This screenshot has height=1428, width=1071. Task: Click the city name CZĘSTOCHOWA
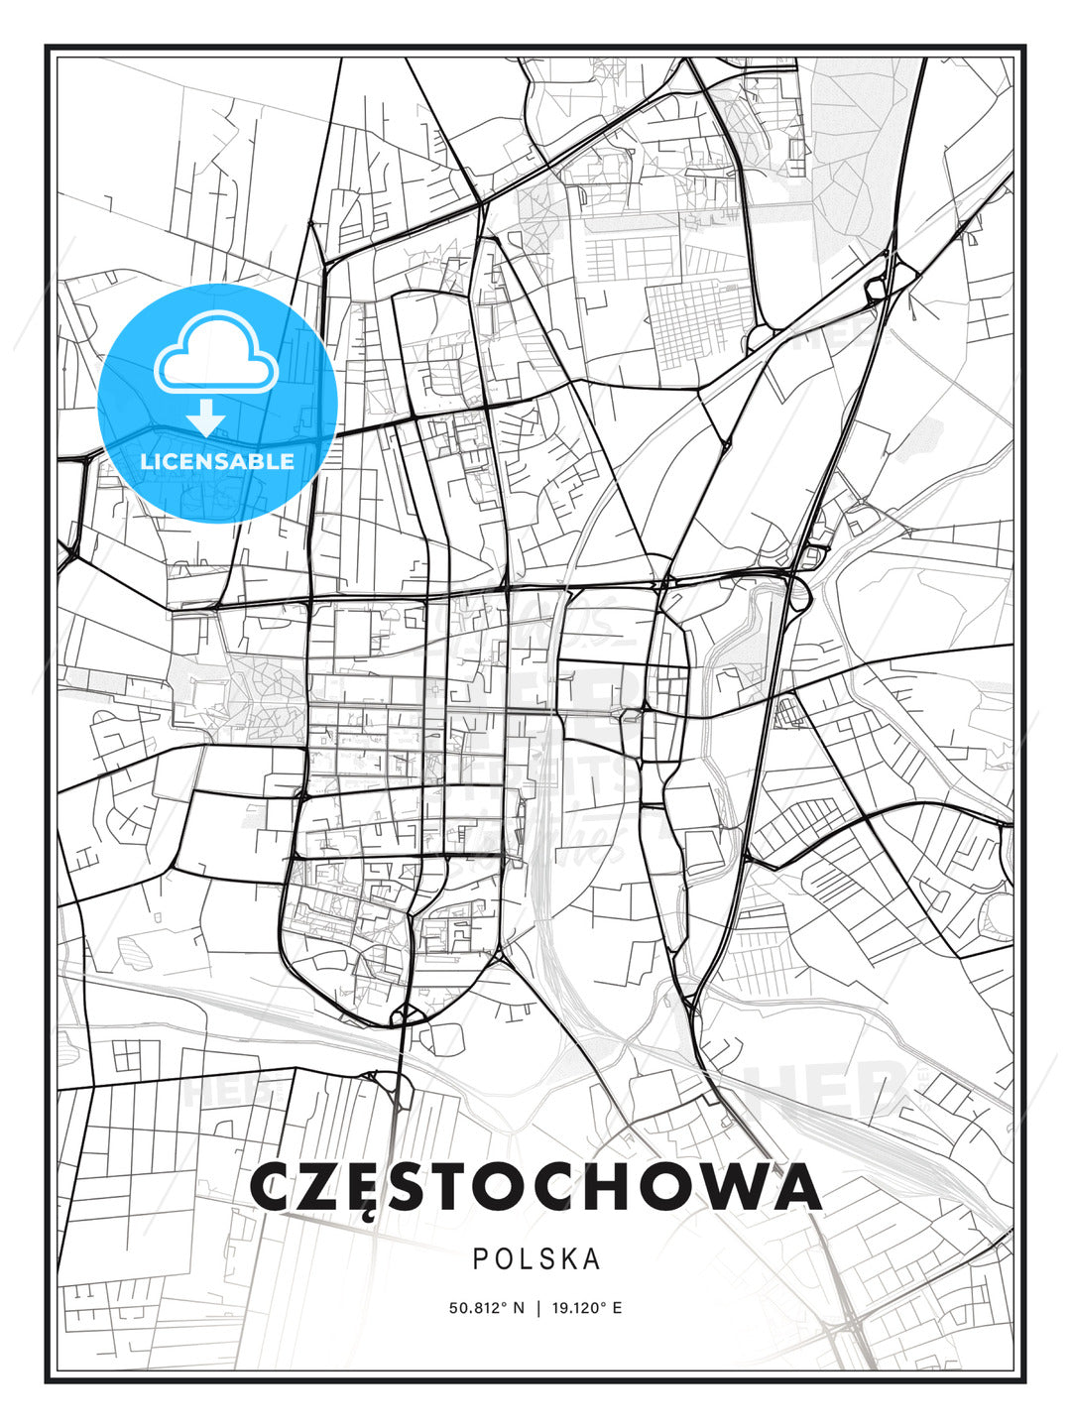(535, 1186)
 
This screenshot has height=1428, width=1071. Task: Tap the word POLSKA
(536, 1259)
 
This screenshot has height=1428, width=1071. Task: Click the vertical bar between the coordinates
(536, 1308)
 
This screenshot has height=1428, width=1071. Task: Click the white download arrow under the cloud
(206, 417)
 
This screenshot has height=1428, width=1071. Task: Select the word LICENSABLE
(217, 461)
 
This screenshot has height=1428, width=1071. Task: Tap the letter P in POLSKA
(481, 1259)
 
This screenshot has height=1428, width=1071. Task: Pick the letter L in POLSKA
(526, 1259)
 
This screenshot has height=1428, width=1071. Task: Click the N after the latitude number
(518, 1308)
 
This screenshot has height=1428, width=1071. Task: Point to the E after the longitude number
(617, 1308)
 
